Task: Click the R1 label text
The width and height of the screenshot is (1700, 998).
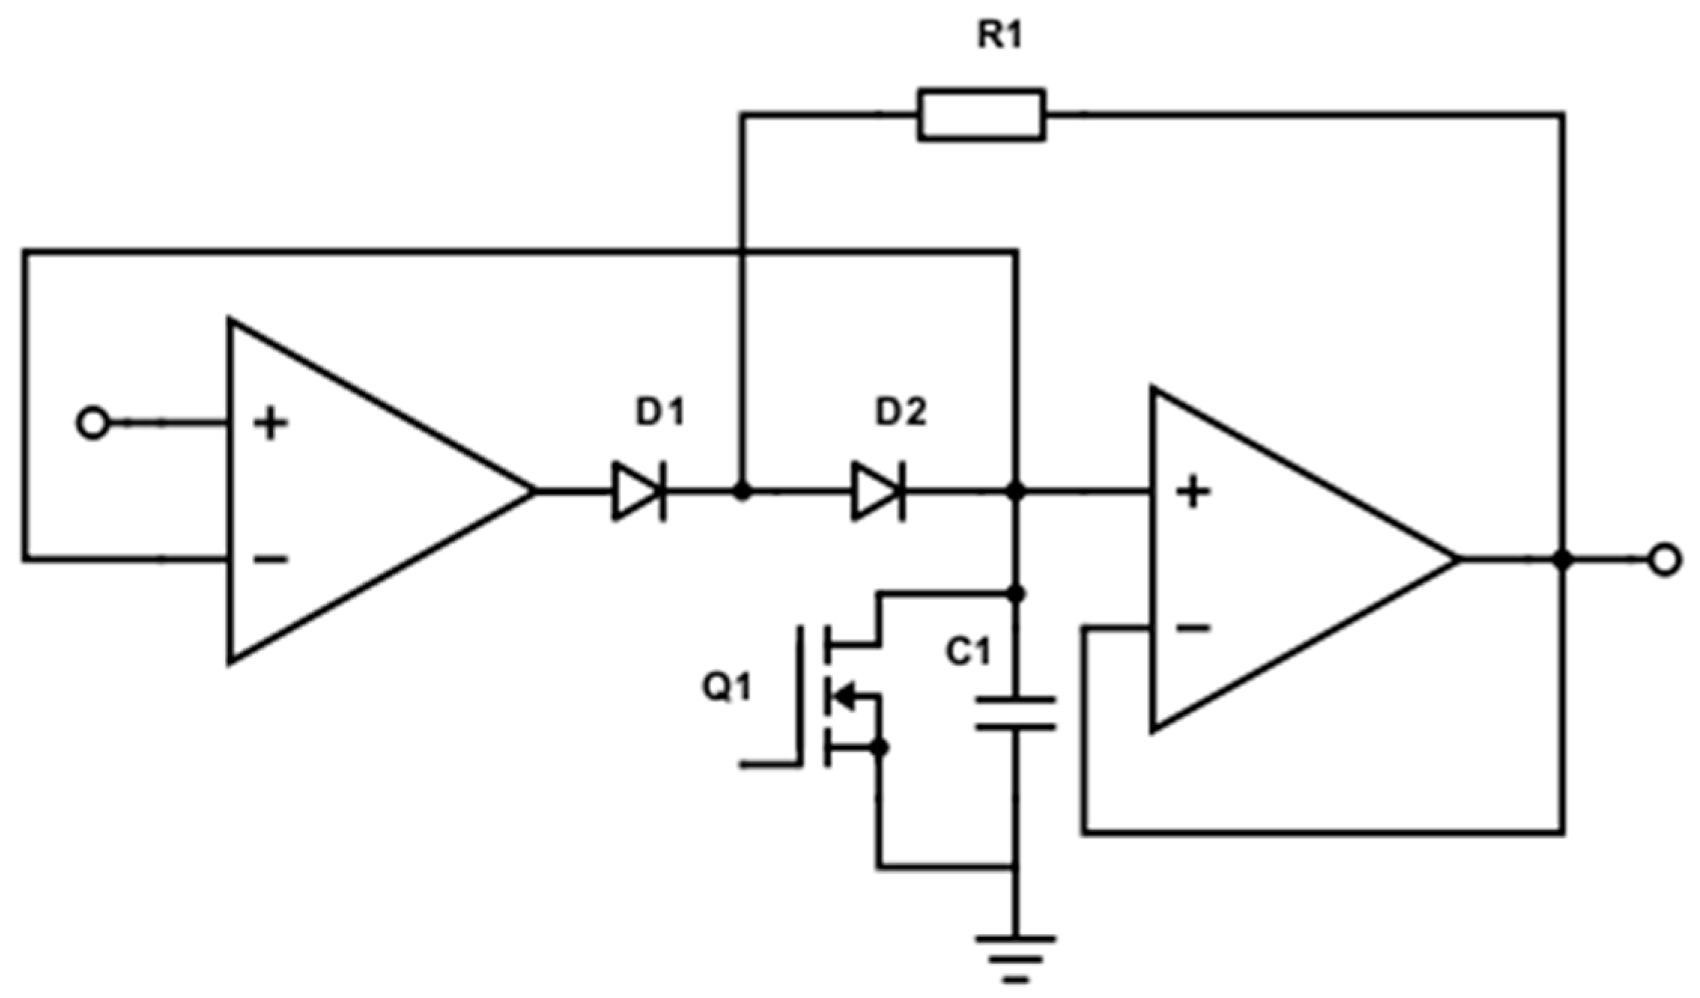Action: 1000,35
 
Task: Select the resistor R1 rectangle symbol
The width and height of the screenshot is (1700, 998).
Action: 981,114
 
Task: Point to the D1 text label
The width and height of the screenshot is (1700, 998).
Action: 660,413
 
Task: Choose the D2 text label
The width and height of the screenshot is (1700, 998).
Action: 900,413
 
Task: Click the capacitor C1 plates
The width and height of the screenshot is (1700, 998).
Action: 1015,714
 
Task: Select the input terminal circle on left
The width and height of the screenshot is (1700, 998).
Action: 93,424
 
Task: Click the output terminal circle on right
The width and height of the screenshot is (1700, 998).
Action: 1664,560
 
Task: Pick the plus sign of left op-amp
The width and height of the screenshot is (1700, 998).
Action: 271,424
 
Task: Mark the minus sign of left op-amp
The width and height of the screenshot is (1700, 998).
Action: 271,559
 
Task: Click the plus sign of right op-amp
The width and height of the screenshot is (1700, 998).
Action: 1193,492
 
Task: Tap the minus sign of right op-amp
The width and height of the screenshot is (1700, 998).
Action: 1193,627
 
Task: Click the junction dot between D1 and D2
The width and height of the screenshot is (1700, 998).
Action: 742,492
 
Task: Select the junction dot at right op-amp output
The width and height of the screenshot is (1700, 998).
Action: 1563,560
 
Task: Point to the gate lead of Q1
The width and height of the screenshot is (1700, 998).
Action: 767,765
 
